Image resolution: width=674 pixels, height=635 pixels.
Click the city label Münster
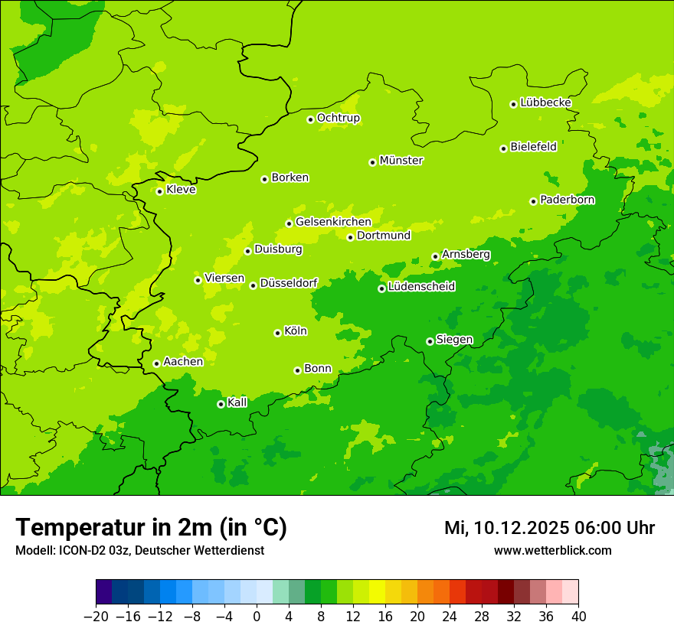point(401,161)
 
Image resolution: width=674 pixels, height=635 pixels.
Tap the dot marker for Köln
point(277,333)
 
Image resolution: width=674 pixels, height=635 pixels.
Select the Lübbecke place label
point(545,103)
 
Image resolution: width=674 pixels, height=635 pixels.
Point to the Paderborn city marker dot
point(533,201)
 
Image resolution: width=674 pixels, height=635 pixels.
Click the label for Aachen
point(183,362)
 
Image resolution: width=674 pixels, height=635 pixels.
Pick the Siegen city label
point(454,340)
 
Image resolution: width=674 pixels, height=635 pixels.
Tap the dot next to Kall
point(221,404)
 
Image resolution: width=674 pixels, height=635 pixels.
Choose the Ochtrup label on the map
point(339,118)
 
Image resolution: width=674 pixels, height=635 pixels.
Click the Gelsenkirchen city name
point(333,222)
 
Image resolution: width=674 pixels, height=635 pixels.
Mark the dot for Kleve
point(159,191)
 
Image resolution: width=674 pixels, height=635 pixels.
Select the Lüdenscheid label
point(421,287)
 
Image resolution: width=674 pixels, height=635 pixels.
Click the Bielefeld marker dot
point(503,148)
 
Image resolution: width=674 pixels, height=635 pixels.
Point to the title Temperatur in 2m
point(151,528)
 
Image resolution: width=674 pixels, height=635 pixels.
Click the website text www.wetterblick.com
point(552,551)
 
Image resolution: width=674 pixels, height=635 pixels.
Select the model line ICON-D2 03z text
point(139,551)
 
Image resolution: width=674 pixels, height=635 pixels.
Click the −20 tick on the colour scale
point(96,617)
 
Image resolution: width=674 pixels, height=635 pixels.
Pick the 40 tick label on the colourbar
point(578,617)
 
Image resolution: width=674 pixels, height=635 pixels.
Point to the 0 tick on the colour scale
point(257,617)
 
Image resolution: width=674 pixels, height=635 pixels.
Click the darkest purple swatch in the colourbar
point(103,592)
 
